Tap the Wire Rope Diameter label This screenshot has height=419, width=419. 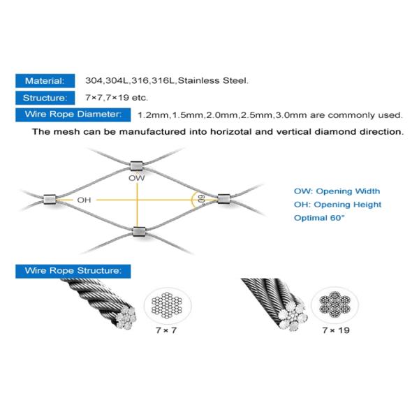pos(73,114)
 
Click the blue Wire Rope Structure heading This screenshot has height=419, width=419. pos(73,270)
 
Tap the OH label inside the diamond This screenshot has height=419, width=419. pos(84,200)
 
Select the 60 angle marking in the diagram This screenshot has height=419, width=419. pos(200,200)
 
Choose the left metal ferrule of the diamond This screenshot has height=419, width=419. pos(49,200)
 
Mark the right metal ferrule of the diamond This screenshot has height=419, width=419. pos(223,199)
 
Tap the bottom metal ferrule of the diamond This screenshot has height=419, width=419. pos(138,230)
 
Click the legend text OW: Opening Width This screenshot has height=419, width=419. pos(337,191)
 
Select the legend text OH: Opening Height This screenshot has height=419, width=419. pos(337,205)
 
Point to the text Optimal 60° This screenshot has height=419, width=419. pos(320,219)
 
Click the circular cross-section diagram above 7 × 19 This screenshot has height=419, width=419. pos(331,305)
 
